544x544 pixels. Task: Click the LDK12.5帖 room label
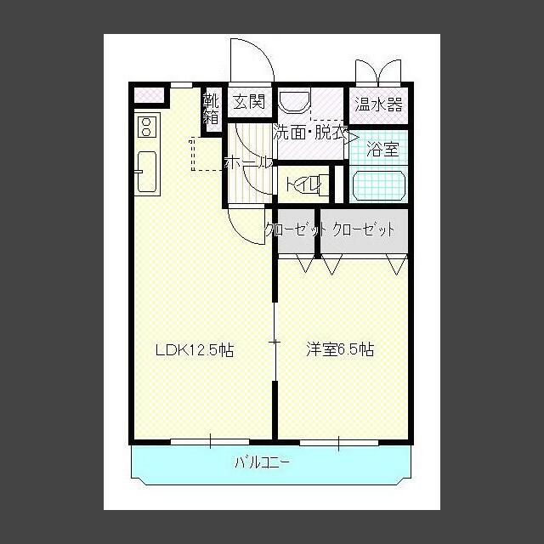pos(194,349)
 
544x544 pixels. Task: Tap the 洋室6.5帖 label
pos(340,349)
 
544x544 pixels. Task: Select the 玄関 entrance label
pos(250,102)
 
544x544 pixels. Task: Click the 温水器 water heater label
pos(378,105)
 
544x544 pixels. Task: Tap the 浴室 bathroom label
pos(382,150)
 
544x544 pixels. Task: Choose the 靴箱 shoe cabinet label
pos(211,110)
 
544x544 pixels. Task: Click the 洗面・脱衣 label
pos(310,133)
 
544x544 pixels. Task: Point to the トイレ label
pos(303,184)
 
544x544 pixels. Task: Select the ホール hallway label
pos(246,162)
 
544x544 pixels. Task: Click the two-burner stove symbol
pos(145,127)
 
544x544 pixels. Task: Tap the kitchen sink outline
pos(145,173)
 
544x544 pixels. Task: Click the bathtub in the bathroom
pos(379,185)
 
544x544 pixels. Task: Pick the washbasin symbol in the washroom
pos(294,102)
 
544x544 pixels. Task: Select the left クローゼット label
pos(294,229)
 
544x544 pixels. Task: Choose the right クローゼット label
pos(364,229)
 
